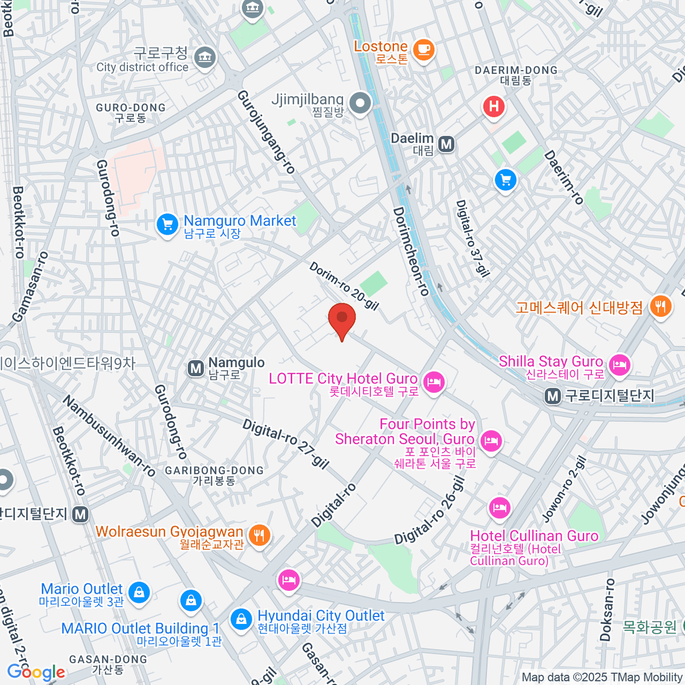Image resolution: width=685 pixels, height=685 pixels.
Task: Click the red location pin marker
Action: pos(342,319)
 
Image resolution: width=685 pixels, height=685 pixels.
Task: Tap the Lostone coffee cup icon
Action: pos(424,50)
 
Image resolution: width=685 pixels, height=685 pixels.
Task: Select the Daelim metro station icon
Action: pos(446,144)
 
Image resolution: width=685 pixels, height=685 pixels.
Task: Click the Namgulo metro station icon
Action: pos(196,368)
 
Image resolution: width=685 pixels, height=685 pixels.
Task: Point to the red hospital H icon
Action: pos(494,107)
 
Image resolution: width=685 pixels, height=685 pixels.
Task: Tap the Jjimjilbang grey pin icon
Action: pos(360,104)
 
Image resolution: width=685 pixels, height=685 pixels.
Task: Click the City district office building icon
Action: pos(205,57)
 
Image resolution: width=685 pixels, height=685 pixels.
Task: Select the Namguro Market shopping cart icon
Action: pos(167,225)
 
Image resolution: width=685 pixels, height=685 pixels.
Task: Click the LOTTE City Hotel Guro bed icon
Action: pos(434,382)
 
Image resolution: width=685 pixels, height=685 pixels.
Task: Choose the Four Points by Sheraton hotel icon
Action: pos(490,441)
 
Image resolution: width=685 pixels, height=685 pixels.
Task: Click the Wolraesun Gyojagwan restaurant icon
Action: pos(260,535)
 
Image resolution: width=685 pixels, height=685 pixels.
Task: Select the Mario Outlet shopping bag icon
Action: pos(139,593)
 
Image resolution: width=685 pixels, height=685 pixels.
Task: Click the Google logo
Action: pos(36,672)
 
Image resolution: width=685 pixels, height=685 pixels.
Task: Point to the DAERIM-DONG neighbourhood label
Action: pos(516,75)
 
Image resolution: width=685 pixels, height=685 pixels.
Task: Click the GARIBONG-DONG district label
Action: pos(214,476)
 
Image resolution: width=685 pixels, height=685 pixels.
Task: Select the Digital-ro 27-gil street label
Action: pos(286,444)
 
